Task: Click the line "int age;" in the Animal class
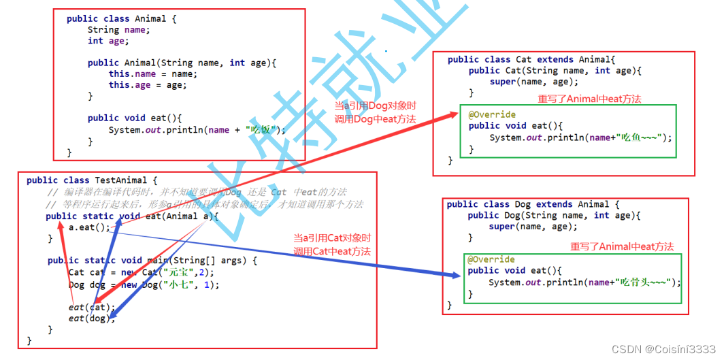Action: [x=105, y=41]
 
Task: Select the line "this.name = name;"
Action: [x=152, y=73]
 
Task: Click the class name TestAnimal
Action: [x=120, y=180]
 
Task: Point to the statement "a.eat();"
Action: [x=89, y=227]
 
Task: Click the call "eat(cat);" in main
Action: [x=87, y=307]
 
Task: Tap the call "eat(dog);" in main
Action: [x=87, y=318]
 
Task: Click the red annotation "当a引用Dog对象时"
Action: [x=375, y=105]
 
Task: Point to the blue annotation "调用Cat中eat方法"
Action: [x=332, y=251]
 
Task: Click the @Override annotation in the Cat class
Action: [x=492, y=114]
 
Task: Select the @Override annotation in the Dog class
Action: [x=491, y=259]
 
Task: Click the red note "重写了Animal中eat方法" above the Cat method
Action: [x=589, y=99]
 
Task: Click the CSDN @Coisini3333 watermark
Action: [x=663, y=349]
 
